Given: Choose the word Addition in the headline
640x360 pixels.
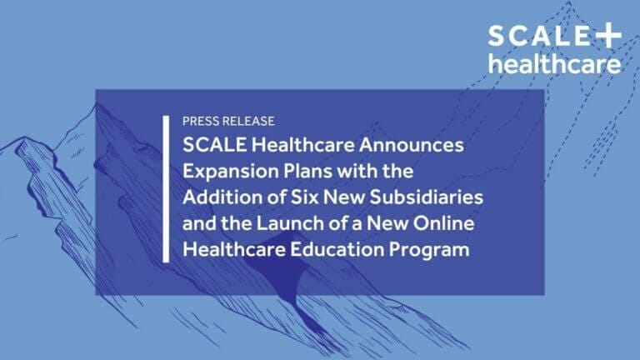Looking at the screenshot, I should [x=219, y=198].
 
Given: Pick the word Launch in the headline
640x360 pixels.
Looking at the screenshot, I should [x=267, y=225].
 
